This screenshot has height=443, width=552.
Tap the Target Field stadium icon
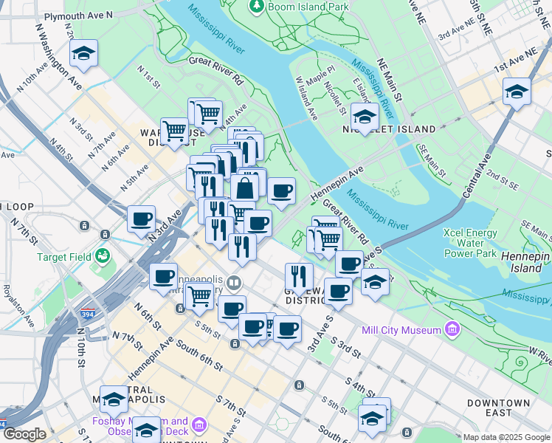point(102,256)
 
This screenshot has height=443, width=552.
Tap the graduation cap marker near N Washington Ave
point(84,53)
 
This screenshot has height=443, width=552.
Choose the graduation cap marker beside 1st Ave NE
point(517,92)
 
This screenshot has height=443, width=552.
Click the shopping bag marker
point(245,188)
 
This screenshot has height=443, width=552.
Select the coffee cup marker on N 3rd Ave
point(141,219)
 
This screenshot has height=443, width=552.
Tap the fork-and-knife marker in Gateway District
point(299,276)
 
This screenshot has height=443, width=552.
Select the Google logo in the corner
point(24,435)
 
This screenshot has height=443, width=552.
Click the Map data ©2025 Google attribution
point(506,437)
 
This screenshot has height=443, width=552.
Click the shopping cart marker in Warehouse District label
point(174,131)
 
